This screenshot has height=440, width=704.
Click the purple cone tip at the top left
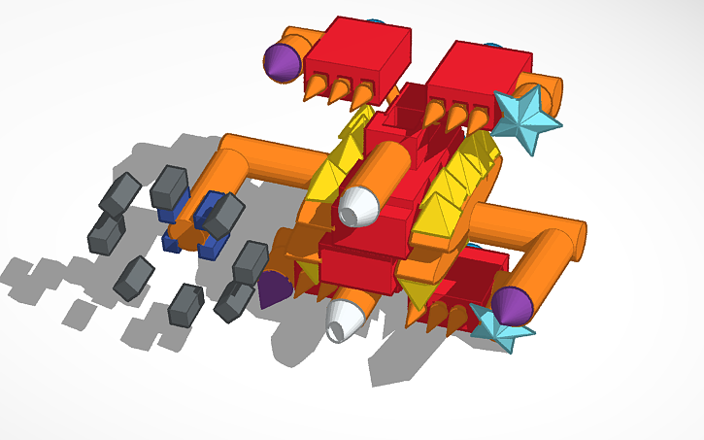(x=281, y=62)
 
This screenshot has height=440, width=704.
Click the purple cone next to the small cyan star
(x=512, y=305)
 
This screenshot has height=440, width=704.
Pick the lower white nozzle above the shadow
(x=346, y=319)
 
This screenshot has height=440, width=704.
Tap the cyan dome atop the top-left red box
(x=376, y=20)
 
